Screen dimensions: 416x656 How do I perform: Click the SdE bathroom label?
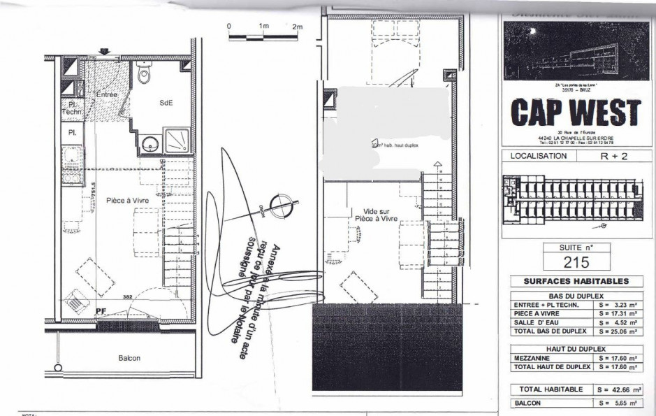pos(166,103)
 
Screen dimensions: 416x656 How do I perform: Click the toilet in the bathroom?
pos(145,73)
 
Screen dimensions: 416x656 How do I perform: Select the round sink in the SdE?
pos(148,145)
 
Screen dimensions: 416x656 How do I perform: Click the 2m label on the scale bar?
pos(298,27)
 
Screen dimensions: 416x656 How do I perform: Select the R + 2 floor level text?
pos(615,157)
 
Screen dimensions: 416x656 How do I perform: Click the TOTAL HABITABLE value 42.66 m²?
pos(618,389)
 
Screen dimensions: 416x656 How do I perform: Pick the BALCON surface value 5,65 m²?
pos(618,403)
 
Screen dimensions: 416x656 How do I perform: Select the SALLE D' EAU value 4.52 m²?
pos(618,322)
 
